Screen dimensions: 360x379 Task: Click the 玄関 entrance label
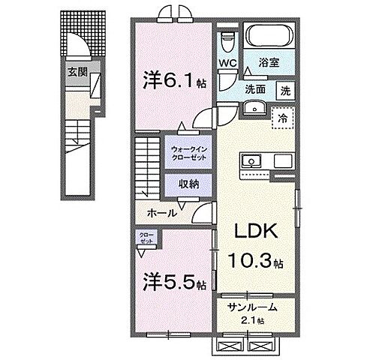(77, 72)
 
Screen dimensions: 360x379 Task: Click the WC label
(229, 64)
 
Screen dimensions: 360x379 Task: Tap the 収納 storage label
(189, 184)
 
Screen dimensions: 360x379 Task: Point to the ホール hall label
(161, 213)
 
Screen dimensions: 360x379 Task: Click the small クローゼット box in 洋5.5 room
(144, 238)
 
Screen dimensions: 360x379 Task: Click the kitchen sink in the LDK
(251, 160)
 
